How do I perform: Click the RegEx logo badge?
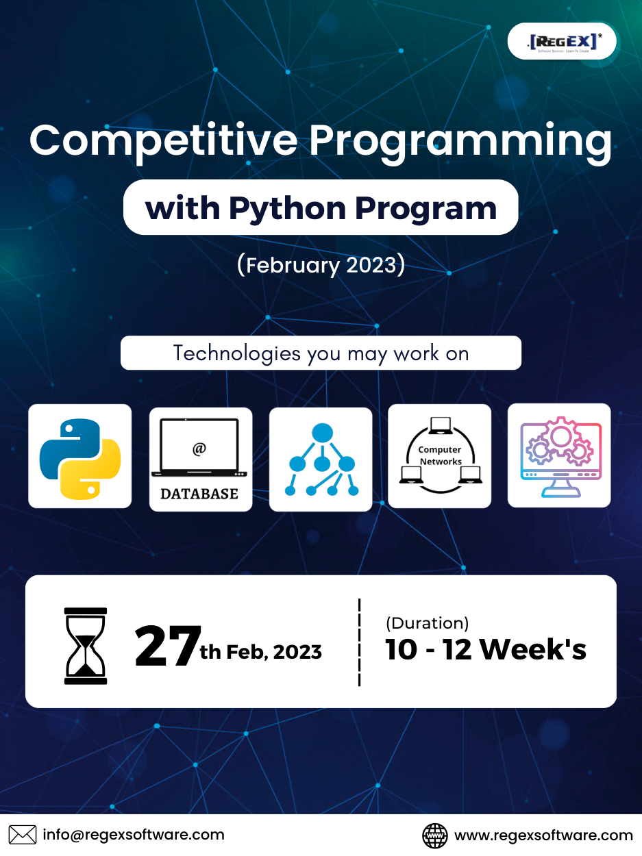(562, 42)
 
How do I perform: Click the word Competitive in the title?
(163, 140)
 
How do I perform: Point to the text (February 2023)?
(321, 265)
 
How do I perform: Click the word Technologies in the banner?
(236, 353)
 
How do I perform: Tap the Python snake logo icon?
(80, 457)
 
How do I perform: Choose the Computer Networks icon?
(440, 456)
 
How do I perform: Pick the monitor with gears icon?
(559, 455)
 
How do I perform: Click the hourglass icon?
(86, 645)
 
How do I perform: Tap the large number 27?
(168, 646)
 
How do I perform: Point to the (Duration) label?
(427, 623)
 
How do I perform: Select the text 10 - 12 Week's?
(485, 650)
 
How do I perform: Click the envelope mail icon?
(23, 835)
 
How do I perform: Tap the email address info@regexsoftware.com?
(134, 835)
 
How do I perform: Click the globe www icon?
(435, 835)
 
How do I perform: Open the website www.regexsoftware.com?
(543, 835)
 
